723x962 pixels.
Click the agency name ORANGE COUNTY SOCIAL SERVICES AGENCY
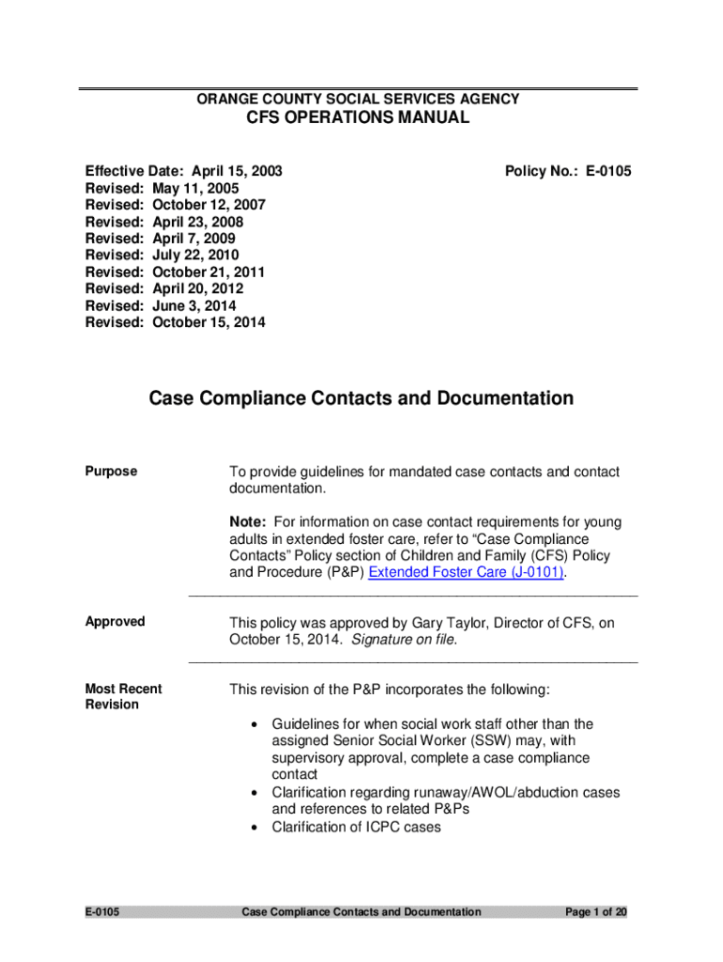tap(358, 99)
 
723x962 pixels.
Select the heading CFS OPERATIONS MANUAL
tap(357, 118)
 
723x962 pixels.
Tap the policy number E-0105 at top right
tap(568, 171)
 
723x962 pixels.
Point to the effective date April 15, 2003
tap(237, 171)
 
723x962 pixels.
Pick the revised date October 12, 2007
tap(208, 205)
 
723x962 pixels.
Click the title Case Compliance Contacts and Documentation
tap(361, 398)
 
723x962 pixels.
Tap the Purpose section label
tap(111, 472)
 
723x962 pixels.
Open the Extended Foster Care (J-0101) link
tap(466, 572)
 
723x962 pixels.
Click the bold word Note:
tap(249, 521)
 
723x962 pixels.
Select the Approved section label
tap(115, 622)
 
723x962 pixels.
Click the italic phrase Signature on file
tap(404, 640)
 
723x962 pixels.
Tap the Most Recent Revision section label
tap(123, 696)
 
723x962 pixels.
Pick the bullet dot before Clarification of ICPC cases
tap(255, 828)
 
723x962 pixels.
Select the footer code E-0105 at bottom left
tap(102, 912)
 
